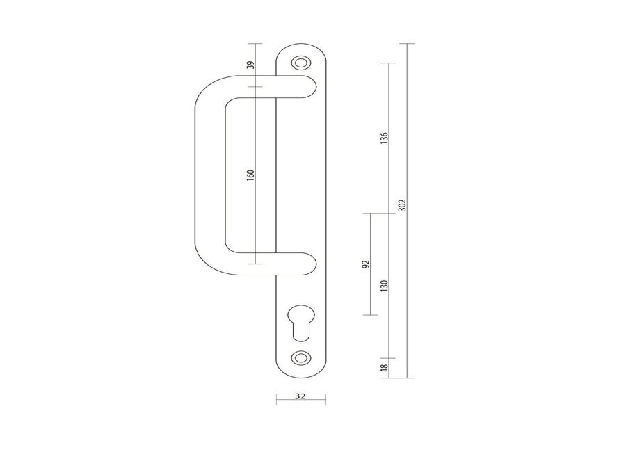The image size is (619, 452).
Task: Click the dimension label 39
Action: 250,65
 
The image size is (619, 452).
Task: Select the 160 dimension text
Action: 250,175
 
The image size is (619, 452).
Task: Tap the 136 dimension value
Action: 384,138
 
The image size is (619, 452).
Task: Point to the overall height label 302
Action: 402,205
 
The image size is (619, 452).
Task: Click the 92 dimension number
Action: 366,264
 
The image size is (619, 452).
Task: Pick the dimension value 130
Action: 384,286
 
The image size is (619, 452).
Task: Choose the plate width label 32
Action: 300,396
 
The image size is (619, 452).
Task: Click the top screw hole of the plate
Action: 300,63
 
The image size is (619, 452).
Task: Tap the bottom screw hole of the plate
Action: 300,357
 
